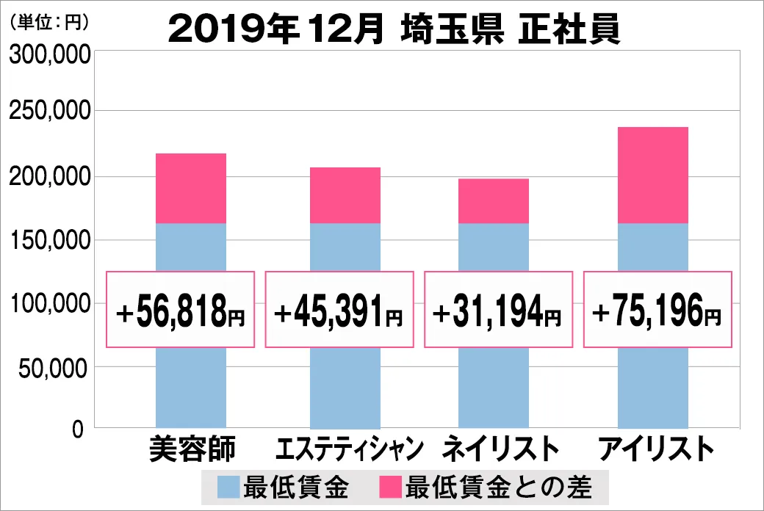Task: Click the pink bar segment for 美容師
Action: [191, 188]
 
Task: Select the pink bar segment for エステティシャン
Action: [345, 195]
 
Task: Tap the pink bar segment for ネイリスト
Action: [494, 200]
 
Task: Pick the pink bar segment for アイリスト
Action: [653, 175]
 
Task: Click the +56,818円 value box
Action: [181, 310]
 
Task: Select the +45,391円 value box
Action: [339, 310]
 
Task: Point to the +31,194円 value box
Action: [498, 310]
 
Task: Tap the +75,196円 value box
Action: [657, 310]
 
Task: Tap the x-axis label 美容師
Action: [192, 449]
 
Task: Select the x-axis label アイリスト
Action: [655, 449]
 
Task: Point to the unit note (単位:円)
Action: [48, 23]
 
